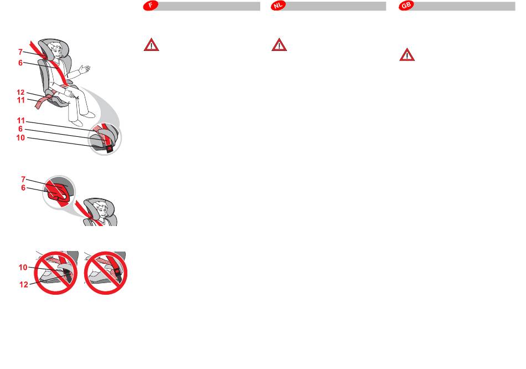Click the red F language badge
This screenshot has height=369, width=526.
[x=151, y=6]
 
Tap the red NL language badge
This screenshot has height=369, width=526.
[x=278, y=6]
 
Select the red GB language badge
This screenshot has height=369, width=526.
[x=406, y=6]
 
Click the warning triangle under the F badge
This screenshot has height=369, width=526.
[x=151, y=45]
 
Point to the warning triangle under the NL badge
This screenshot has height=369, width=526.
[x=279, y=45]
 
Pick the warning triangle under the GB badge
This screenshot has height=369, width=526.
[x=407, y=55]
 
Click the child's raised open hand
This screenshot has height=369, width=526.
[x=85, y=69]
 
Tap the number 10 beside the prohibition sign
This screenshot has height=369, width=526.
[x=23, y=267]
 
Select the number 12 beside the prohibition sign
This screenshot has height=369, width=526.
[x=23, y=285]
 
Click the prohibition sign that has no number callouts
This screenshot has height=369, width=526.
[x=106, y=273]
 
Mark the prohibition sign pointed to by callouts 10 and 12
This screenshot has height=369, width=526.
[x=56, y=273]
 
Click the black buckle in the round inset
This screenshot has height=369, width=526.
[x=109, y=149]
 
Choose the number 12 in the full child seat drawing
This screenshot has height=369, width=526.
[x=20, y=93]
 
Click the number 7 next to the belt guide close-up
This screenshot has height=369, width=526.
[x=23, y=180]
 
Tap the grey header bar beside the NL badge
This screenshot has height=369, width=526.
[x=336, y=6]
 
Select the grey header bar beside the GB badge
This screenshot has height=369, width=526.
[x=464, y=6]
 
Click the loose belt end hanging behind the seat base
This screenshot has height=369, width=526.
[x=42, y=102]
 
